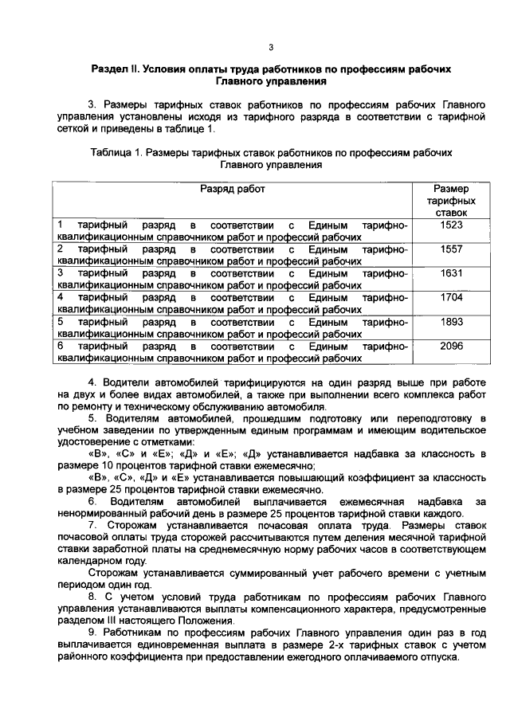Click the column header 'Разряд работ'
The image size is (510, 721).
click(232, 189)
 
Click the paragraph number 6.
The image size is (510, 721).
click(92, 501)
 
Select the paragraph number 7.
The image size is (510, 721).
click(92, 526)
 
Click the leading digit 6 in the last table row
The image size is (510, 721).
click(61, 346)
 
